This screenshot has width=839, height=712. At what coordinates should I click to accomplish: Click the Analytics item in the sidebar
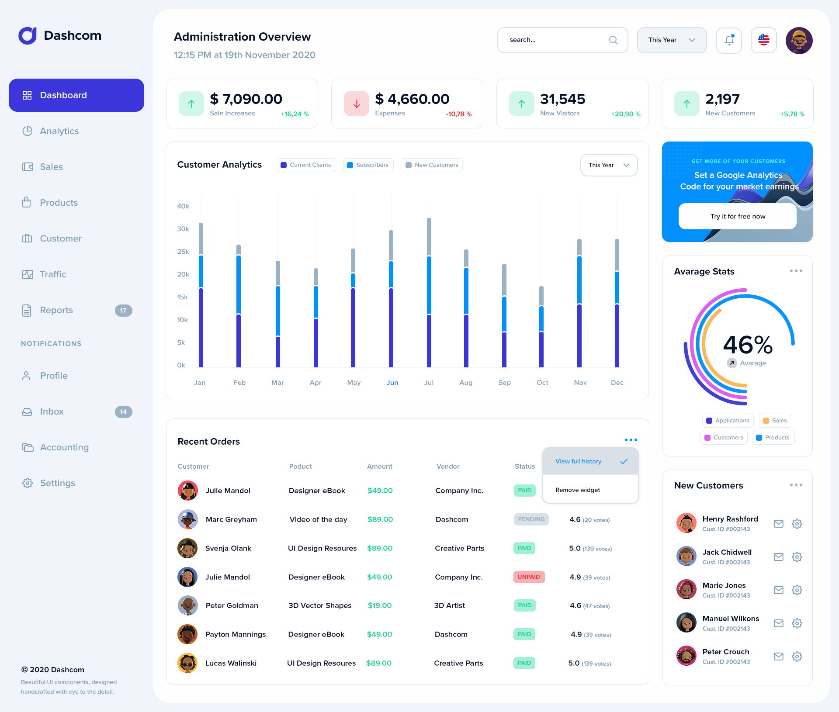59,131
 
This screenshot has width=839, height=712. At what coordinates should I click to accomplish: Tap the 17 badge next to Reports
123,311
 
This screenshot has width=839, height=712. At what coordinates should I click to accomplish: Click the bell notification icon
728,40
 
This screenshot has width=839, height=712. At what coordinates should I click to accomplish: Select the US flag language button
763,40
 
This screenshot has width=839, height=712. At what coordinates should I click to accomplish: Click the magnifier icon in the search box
613,40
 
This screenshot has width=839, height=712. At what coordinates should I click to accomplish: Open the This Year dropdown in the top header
671,40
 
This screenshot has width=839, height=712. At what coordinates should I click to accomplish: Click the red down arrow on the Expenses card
357,104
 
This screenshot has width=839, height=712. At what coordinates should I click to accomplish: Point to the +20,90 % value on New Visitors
625,114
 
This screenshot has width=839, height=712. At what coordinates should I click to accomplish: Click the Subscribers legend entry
368,165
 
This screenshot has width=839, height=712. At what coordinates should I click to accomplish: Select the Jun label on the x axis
392,383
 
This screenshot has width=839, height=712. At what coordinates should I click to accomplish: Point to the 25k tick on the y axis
183,252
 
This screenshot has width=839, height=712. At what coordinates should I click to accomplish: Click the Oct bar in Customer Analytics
541,328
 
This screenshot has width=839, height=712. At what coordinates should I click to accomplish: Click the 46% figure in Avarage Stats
747,345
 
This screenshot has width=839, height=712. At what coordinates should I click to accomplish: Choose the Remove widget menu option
578,490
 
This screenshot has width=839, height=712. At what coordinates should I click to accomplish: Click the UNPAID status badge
529,577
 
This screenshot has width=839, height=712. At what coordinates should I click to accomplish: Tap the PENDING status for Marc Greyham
531,519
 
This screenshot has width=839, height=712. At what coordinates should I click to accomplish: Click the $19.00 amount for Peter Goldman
379,605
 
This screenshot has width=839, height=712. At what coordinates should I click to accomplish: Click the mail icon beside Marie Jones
778,590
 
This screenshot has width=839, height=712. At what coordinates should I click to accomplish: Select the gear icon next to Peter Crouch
797,657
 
